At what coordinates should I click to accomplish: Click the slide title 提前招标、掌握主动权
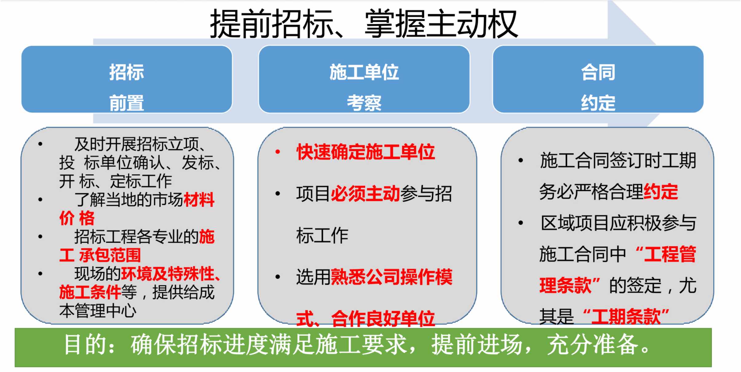pyautogui.click(x=364, y=24)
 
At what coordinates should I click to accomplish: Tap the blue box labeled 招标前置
pyautogui.click(x=127, y=79)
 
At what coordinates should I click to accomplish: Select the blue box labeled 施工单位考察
pyautogui.click(x=364, y=79)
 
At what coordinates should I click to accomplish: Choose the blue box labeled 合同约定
pyautogui.click(x=598, y=79)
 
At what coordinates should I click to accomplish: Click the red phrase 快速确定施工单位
pyautogui.click(x=366, y=152)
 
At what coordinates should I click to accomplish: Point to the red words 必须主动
pyautogui.click(x=366, y=194)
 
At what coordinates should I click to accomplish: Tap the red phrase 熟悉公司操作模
pyautogui.click(x=392, y=277)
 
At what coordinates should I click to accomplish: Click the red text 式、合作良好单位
pyautogui.click(x=366, y=319)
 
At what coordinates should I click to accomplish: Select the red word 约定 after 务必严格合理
pyautogui.click(x=661, y=192)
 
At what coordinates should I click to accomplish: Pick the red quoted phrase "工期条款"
pyautogui.click(x=626, y=316)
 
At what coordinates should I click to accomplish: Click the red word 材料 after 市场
pyautogui.click(x=199, y=200)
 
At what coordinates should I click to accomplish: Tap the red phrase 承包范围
pyautogui.click(x=110, y=255)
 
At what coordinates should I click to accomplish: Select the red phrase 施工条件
pyautogui.click(x=90, y=292)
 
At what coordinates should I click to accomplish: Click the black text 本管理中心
pyautogui.click(x=98, y=311)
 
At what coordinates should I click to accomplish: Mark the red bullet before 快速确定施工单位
pyautogui.click(x=278, y=152)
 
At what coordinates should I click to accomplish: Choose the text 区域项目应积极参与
pyautogui.click(x=618, y=223)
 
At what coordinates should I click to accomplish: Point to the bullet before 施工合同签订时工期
pyautogui.click(x=521, y=160)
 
